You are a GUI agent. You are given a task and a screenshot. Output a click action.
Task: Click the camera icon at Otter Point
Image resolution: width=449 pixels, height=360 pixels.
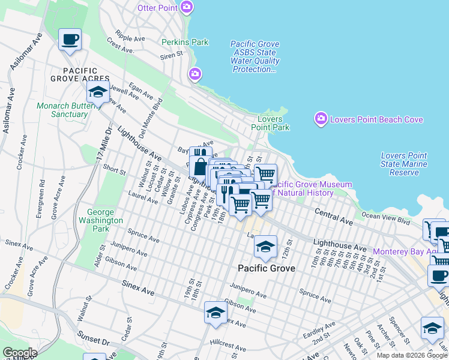click(x=187, y=7)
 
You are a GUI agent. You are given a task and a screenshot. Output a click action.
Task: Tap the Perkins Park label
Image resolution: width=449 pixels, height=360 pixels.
click(x=185, y=43)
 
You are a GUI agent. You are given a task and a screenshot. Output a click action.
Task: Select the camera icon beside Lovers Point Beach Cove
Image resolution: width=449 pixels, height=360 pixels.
click(x=321, y=119)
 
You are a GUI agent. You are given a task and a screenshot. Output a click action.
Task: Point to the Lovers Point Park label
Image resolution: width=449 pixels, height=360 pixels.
click(x=270, y=123)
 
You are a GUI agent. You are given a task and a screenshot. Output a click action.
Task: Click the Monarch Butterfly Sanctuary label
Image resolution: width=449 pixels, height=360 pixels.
click(x=62, y=110)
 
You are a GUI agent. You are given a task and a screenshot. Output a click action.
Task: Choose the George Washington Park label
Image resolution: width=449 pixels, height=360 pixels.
click(x=101, y=220)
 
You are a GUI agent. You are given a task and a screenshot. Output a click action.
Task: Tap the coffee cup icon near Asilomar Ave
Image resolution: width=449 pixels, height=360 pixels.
click(x=70, y=40)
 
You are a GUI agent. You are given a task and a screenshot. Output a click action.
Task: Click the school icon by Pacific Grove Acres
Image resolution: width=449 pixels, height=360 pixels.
click(x=98, y=92)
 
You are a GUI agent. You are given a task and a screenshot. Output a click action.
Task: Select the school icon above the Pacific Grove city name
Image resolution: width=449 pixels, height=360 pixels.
click(x=265, y=246)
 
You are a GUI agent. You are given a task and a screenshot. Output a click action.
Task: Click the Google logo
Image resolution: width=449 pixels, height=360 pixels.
click(x=20, y=353)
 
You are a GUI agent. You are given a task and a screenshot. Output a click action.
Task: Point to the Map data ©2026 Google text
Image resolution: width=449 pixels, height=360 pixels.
click(x=412, y=355)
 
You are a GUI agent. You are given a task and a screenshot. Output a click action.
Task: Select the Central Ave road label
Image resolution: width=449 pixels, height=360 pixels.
click(x=333, y=217)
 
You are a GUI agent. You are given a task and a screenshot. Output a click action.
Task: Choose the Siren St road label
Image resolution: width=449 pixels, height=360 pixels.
click(x=172, y=55)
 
